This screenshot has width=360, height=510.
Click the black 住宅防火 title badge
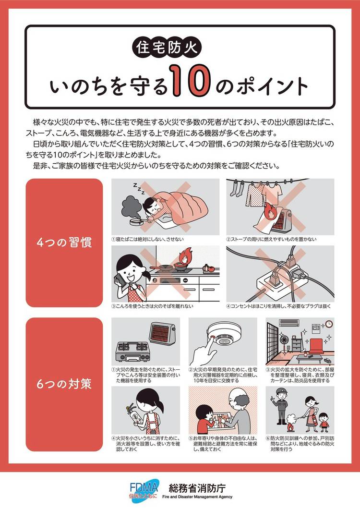coord(167,48)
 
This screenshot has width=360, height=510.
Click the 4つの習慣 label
coord(64,243)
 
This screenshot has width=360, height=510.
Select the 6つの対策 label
coord(64,384)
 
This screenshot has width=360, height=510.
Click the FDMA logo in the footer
coord(144,491)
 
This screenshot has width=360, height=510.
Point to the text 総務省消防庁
coord(197,488)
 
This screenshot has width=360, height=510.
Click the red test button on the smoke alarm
coord(213,337)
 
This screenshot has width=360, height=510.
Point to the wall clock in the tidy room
coord(329,324)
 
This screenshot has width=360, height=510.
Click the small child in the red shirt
coord(324,422)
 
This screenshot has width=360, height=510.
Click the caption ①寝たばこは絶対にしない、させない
coord(147,239)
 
